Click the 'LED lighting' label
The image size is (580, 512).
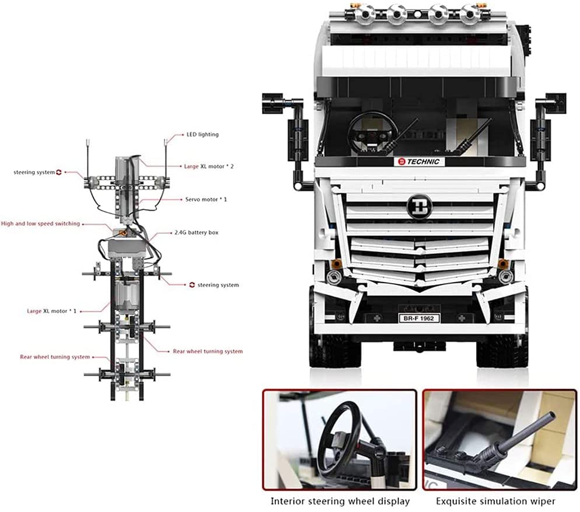click(x=202, y=135)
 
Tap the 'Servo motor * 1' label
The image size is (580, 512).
click(x=206, y=200)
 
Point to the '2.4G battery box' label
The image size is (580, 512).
click(x=197, y=232)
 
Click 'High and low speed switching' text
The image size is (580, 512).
click(x=40, y=224)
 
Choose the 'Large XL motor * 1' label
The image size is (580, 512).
click(x=51, y=311)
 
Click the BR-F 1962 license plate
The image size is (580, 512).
click(x=418, y=318)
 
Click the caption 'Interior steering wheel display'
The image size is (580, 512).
click(x=340, y=501)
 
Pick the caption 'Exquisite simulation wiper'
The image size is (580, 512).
click(x=495, y=501)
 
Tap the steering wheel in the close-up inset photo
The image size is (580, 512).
click(x=338, y=429)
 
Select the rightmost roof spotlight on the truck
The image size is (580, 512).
click(x=470, y=12)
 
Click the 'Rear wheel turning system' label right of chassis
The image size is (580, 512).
click(x=208, y=351)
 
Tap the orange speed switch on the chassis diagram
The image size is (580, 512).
click(x=124, y=232)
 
